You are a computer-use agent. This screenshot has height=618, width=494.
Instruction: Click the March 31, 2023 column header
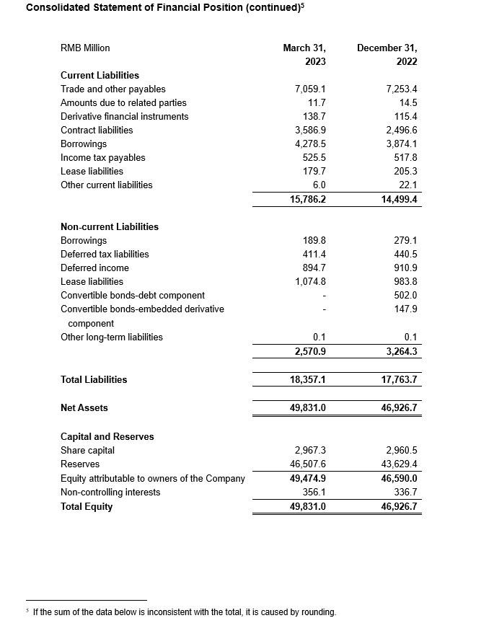[x=299, y=55]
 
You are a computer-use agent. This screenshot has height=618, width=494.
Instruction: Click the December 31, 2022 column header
[x=387, y=55]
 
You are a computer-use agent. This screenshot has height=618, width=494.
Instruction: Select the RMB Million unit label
[x=85, y=48]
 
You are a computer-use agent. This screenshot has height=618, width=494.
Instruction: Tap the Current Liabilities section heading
[x=100, y=75]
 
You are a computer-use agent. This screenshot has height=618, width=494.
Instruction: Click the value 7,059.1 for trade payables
[x=311, y=89]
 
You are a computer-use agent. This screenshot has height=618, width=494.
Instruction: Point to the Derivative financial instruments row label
[x=124, y=116]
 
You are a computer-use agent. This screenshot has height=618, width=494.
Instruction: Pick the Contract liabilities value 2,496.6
[x=402, y=130]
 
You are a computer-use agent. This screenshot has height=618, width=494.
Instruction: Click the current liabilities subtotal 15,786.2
[x=308, y=199]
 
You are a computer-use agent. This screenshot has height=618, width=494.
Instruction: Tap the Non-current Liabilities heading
[x=110, y=226]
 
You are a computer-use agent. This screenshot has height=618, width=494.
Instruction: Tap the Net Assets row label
[x=84, y=407]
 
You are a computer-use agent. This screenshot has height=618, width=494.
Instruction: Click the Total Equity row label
[x=87, y=506]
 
